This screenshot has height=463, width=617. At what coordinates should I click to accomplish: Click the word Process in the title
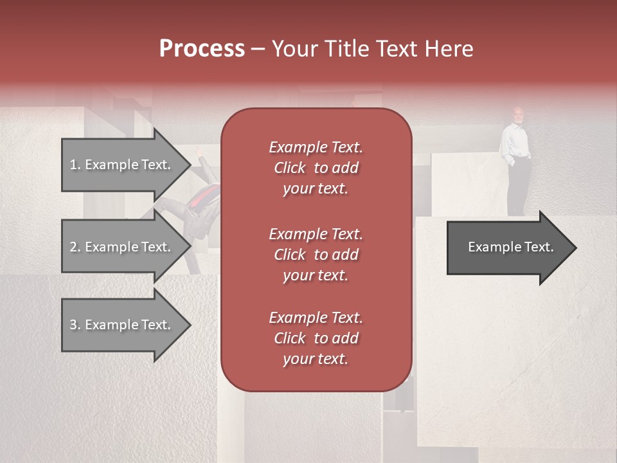pos(202,49)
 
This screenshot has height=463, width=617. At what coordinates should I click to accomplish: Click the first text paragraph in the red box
pos(316,168)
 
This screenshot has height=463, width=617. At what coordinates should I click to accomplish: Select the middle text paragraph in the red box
pos(316,254)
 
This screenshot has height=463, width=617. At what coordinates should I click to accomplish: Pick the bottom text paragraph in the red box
pos(316,338)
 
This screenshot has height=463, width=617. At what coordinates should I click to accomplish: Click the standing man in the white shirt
pos(517,161)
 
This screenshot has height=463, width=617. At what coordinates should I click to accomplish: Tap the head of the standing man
pos(517,115)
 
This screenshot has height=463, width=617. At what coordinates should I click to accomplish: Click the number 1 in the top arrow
pos(73,165)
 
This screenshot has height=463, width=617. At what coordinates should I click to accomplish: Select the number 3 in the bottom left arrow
pos(73,325)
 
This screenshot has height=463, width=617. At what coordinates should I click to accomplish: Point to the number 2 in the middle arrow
pos(73,247)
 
